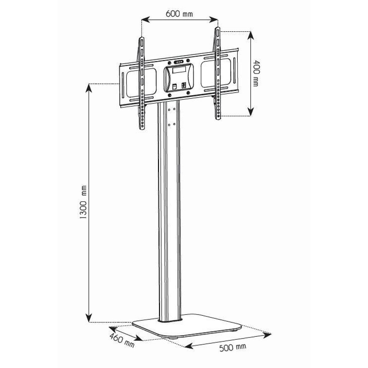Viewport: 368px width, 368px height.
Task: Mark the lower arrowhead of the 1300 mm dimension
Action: pos(89,318)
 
